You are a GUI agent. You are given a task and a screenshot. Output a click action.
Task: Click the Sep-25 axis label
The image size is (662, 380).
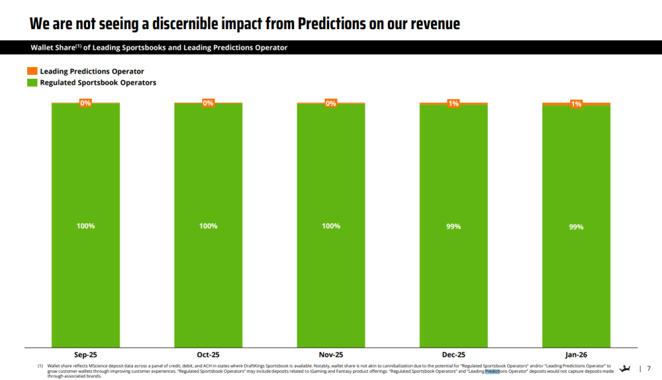click(85, 355)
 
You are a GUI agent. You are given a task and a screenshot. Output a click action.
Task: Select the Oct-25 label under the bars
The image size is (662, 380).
click(208, 355)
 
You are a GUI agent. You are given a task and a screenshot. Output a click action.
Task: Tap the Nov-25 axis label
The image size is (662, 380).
click(330, 355)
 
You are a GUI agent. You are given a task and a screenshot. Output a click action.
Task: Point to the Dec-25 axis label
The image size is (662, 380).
click(453, 355)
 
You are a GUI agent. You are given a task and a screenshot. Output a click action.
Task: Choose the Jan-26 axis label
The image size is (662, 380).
click(576, 355)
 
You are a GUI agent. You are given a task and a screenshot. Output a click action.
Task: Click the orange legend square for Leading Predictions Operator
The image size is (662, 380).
click(32, 71)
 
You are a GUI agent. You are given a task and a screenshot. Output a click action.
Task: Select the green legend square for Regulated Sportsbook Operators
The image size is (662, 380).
click(32, 83)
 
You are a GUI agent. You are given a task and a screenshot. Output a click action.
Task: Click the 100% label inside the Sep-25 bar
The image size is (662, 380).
click(85, 226)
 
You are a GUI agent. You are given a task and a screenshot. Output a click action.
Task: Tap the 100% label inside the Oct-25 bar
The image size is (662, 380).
click(208, 226)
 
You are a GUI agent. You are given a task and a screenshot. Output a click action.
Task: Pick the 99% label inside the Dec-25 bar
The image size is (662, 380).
click(453, 227)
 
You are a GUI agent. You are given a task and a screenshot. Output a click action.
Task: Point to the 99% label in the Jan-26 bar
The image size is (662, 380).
click(576, 227)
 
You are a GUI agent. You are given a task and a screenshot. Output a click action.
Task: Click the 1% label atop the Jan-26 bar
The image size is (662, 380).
click(576, 104)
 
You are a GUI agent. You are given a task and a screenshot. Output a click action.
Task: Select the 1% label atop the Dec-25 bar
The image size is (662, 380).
click(453, 103)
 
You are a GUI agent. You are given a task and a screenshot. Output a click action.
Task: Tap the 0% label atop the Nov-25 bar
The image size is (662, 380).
click(330, 103)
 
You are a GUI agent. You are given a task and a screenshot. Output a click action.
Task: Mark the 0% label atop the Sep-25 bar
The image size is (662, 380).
click(85, 103)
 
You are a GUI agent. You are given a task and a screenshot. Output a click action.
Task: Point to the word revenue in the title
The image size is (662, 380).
click(429, 24)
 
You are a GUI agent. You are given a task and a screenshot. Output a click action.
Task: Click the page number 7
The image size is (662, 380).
click(648, 369)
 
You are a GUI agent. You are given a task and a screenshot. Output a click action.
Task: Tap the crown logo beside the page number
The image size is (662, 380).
click(625, 368)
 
